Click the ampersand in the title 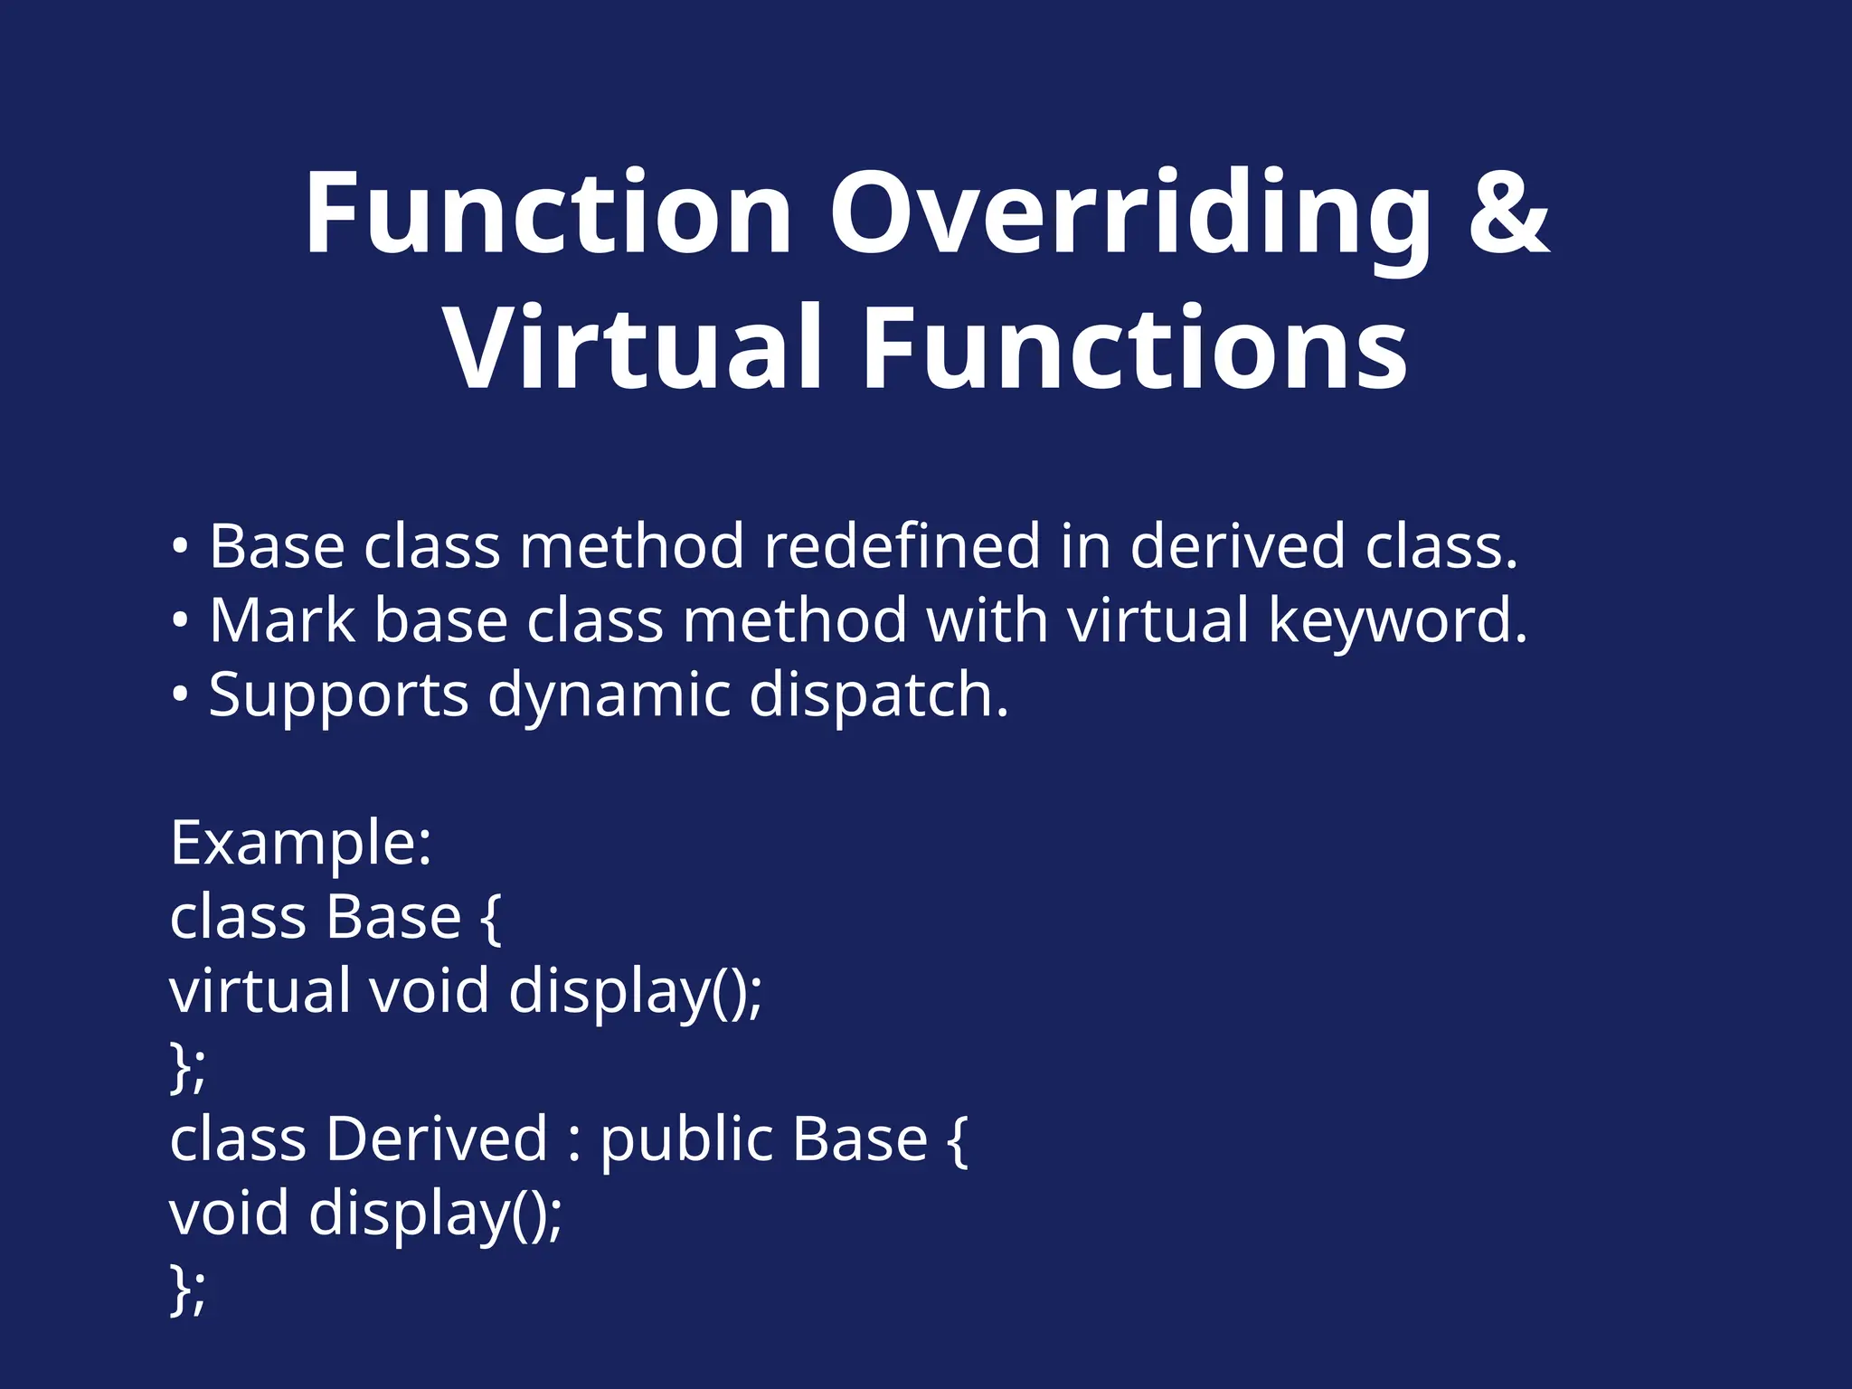pos(1508,213)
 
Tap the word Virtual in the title pos(633,348)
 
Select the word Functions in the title pos(1135,348)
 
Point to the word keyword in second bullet pos(1397,621)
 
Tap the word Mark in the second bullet pos(282,621)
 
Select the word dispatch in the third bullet pos(878,695)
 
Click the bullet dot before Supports pos(180,695)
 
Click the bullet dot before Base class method pos(180,547)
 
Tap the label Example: pos(300,844)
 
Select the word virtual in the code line pos(260,991)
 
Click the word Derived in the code pos(436,1139)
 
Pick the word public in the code pos(687,1139)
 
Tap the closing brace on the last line pos(179,1289)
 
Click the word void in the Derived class pos(229,1214)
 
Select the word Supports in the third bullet pos(339,697)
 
